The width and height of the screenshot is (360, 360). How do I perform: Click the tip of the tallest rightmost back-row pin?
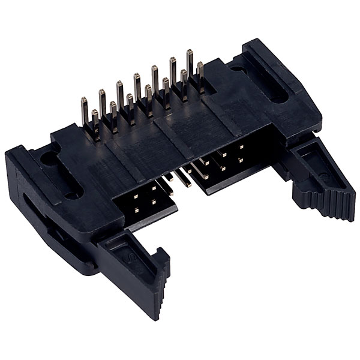coord(189,53)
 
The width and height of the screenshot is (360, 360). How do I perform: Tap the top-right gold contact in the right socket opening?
coord(241,146)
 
